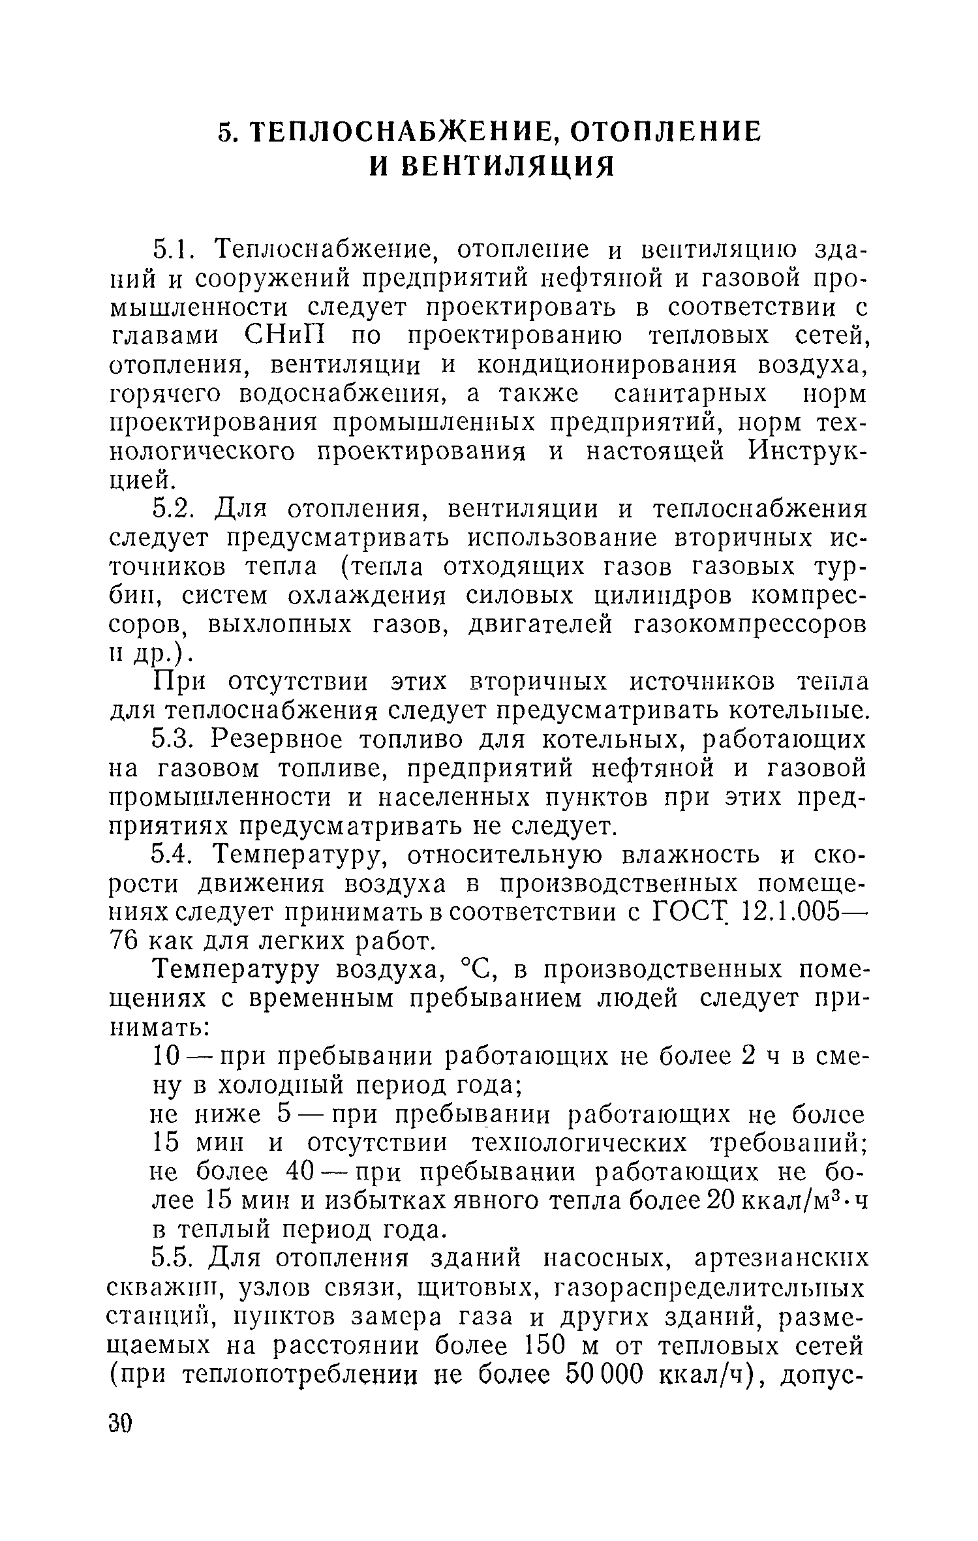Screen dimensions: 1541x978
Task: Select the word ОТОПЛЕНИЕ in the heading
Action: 666,132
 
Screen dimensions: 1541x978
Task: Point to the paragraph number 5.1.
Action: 174,250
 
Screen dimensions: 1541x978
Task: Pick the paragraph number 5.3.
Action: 173,740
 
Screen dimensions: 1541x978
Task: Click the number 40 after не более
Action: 302,1172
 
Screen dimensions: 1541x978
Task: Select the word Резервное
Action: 282,740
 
